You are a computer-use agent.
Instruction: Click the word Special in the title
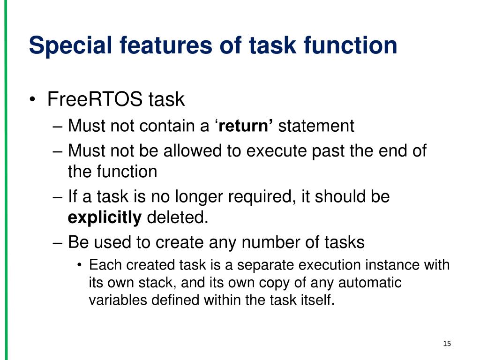pyautogui.click(x=70, y=46)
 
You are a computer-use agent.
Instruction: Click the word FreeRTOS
pyautogui.click(x=95, y=99)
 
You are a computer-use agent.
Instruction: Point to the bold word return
pyautogui.click(x=243, y=126)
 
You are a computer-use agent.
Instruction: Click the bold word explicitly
pyautogui.click(x=105, y=218)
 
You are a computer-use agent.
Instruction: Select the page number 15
pyautogui.click(x=447, y=344)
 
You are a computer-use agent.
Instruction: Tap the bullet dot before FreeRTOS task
pyautogui.click(x=32, y=100)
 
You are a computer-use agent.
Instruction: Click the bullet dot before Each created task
pyautogui.click(x=80, y=265)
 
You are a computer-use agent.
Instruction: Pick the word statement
pyautogui.click(x=316, y=126)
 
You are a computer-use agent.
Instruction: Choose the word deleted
pyautogui.click(x=178, y=217)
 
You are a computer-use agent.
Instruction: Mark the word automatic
pyautogui.click(x=370, y=283)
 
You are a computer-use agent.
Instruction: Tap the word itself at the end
pyautogui.click(x=317, y=300)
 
